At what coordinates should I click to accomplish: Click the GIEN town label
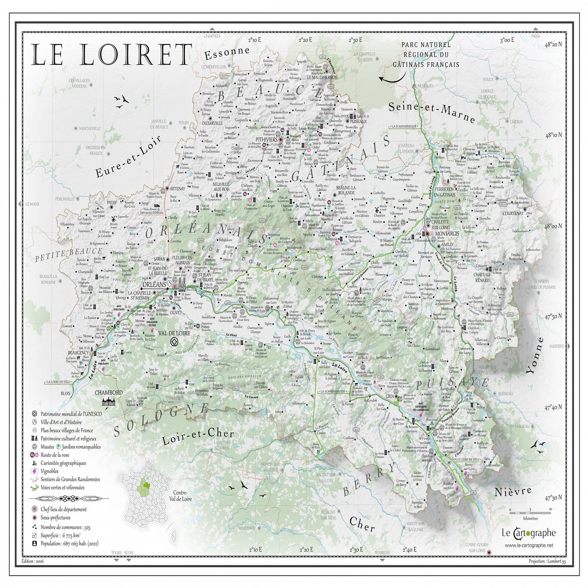(390, 397)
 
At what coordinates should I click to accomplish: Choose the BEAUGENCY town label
(78, 353)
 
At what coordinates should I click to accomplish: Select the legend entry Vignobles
(49, 471)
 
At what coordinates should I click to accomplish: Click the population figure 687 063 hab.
(69, 543)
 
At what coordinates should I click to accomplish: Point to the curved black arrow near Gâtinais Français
(391, 79)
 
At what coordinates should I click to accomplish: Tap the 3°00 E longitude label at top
(507, 40)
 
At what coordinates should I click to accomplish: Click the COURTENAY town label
(513, 213)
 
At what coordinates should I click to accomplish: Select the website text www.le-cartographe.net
(529, 545)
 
